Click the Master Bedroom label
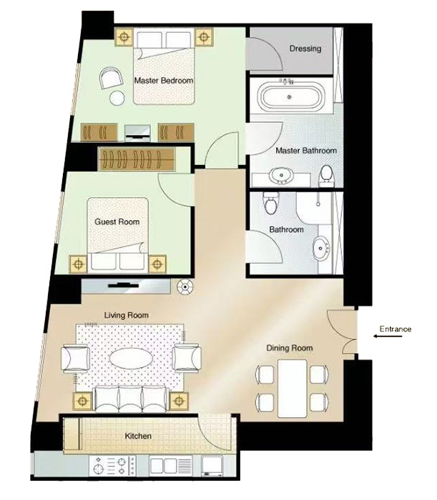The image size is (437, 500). pos(164,80)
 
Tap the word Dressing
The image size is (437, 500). pos(305,49)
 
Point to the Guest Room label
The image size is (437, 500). pos(117,221)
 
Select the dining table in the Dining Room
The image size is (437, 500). pos(293,388)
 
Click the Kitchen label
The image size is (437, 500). pos(138,436)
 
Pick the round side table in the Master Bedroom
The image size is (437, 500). pos(117,98)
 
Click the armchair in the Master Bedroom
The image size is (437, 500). pos(111,77)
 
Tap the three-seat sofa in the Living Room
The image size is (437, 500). pos(131,399)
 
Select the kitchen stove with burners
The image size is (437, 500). pos(113,466)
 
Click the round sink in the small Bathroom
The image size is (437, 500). pos(321,248)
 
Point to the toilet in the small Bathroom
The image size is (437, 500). pos(270,203)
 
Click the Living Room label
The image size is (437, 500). pos(127,316)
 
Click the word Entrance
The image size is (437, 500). pos(396,329)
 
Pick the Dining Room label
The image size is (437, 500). pos(290,348)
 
